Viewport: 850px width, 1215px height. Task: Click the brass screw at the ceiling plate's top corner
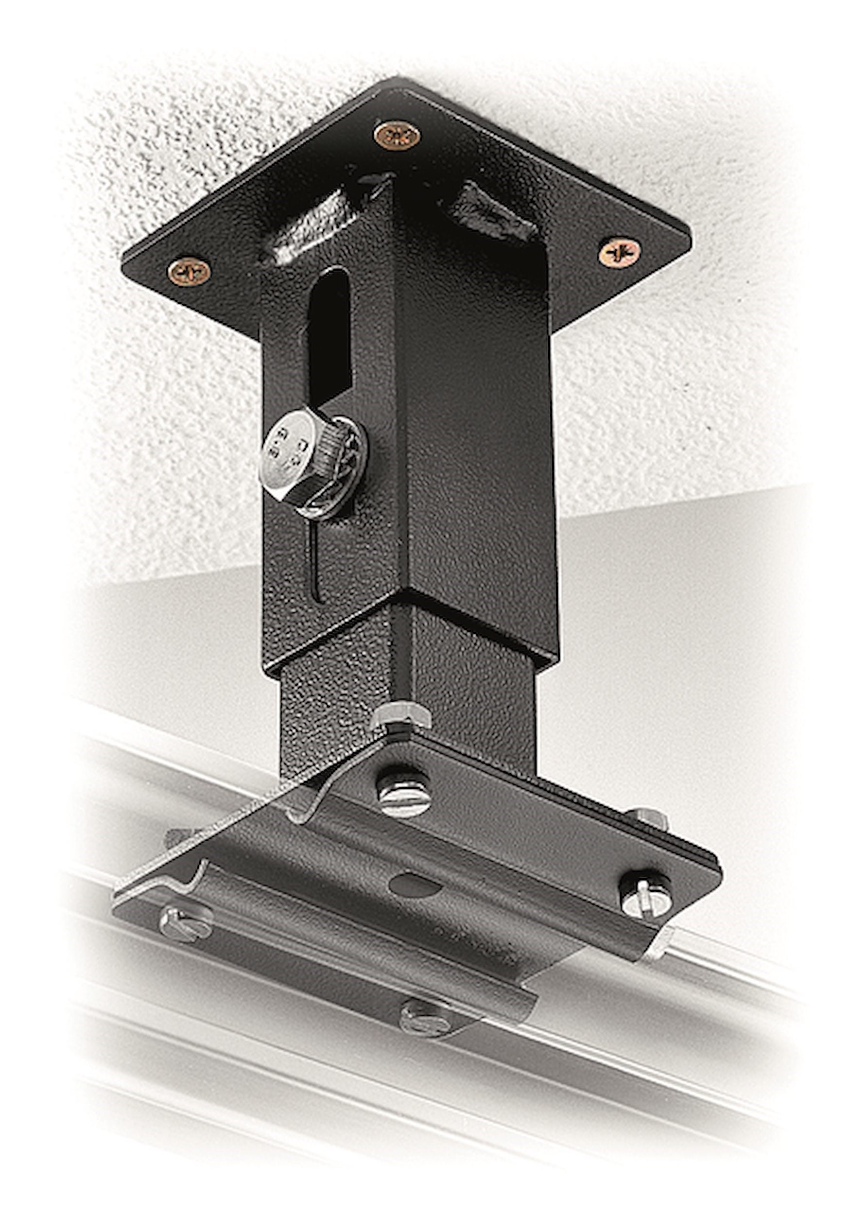pos(397,136)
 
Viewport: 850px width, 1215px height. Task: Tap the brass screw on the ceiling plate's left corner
pos(189,272)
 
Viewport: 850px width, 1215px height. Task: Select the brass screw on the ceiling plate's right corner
pos(619,252)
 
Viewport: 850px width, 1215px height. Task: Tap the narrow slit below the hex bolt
pos(316,561)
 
